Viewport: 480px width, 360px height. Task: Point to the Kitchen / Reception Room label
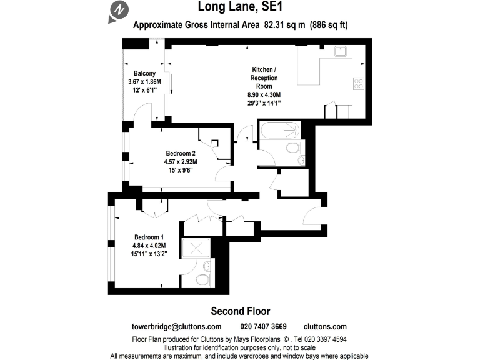click(x=264, y=77)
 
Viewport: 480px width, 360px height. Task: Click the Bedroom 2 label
click(x=181, y=153)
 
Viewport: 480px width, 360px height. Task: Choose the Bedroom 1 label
click(x=149, y=237)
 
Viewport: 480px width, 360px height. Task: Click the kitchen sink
click(x=340, y=52)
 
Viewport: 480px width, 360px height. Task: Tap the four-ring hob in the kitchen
click(x=359, y=84)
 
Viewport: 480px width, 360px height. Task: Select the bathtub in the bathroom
click(x=279, y=131)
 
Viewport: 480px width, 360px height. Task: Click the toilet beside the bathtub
click(x=291, y=148)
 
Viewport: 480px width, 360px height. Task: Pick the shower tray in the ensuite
click(x=196, y=249)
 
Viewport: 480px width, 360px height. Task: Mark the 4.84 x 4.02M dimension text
click(x=149, y=246)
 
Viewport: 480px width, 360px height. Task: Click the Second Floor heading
click(x=240, y=311)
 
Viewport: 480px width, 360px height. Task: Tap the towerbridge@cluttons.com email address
click(x=177, y=327)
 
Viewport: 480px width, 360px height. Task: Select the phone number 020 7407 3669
click(x=263, y=327)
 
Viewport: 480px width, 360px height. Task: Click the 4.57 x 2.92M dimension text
click(x=181, y=161)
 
